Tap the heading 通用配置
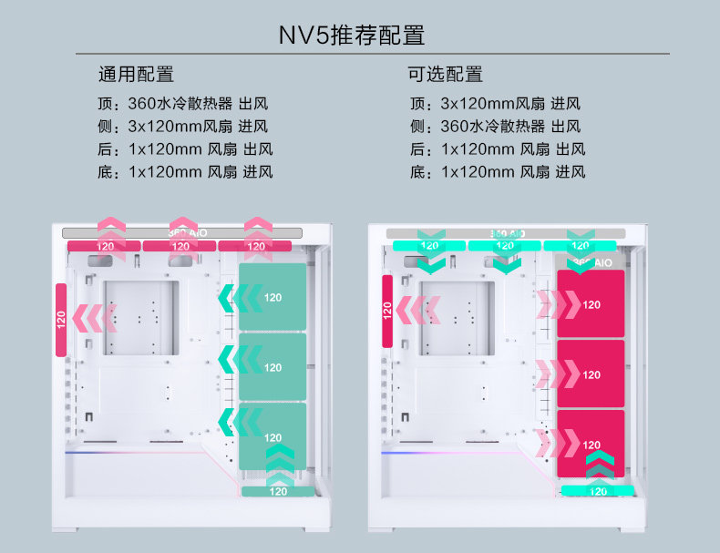[x=136, y=75]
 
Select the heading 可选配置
[x=447, y=75]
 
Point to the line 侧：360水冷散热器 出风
[x=495, y=126]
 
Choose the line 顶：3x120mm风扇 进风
[x=495, y=103]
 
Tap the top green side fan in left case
[x=273, y=297]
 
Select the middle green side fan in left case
[x=273, y=367]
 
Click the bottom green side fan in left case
[x=273, y=436]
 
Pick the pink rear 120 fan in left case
[x=61, y=320]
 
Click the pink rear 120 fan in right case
[x=387, y=311]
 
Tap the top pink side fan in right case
[x=591, y=304]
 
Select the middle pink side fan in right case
[x=591, y=374]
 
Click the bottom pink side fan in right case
[x=591, y=444]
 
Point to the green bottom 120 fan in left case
[x=278, y=492]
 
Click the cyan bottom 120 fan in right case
[x=597, y=491]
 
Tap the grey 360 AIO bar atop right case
[x=507, y=233]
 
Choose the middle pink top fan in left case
[x=180, y=246]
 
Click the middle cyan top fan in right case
[x=504, y=245]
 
